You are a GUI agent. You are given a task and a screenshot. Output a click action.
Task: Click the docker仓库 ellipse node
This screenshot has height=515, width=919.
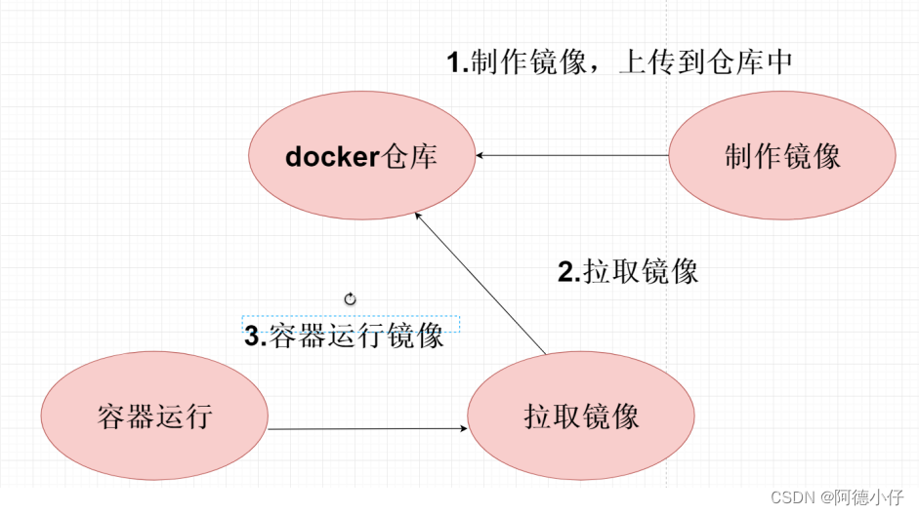coord(362,156)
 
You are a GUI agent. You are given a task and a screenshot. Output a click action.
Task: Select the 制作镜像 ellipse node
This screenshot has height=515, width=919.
coord(782,156)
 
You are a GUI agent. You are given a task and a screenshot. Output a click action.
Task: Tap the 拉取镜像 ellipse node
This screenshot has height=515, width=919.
coord(581,417)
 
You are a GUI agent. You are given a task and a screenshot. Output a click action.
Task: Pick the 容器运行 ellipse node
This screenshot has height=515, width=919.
coord(154,417)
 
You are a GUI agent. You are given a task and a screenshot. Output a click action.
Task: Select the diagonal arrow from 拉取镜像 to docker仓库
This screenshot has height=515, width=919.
coord(480,283)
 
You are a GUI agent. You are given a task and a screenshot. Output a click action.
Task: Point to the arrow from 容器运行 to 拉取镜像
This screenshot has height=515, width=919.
coord(366,428)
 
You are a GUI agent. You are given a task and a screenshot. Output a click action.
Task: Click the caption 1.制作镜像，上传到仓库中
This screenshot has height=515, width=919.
coord(618,62)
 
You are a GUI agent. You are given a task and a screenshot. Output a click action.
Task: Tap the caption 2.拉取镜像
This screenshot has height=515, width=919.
coord(628,271)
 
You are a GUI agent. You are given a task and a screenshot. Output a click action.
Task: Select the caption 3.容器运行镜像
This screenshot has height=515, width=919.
coord(344,337)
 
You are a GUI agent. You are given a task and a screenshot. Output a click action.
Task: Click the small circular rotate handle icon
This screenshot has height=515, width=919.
coord(350,299)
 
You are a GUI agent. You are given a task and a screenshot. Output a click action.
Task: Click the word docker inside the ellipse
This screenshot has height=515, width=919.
coord(331,156)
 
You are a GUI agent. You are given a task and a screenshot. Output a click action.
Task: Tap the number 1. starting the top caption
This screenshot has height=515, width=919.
coord(457,63)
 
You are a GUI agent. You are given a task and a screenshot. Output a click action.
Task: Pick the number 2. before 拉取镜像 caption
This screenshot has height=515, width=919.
coord(568,272)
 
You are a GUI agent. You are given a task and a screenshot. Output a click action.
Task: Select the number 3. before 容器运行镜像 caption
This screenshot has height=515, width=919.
coord(255,337)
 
